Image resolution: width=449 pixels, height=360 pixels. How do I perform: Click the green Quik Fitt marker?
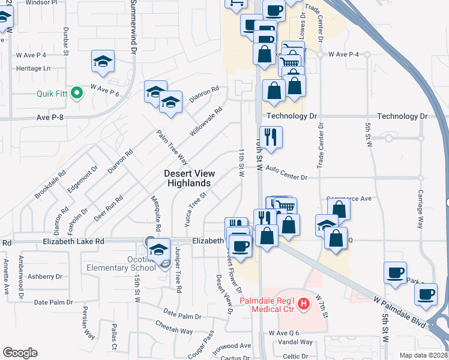[x=76, y=93]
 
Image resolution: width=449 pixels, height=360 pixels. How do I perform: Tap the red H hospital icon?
[x=304, y=304]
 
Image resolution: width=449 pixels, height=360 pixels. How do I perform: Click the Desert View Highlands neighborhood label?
[x=188, y=178]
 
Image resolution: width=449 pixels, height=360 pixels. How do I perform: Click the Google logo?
[x=20, y=353]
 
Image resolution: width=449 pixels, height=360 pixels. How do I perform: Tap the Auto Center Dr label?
[x=286, y=178]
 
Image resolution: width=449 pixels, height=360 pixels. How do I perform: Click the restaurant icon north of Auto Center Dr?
[x=271, y=136]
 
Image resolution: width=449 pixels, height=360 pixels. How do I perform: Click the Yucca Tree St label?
[x=195, y=206]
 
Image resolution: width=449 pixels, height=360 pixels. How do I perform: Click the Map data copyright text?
[x=423, y=355]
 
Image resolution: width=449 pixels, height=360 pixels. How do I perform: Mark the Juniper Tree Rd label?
[x=178, y=269]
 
